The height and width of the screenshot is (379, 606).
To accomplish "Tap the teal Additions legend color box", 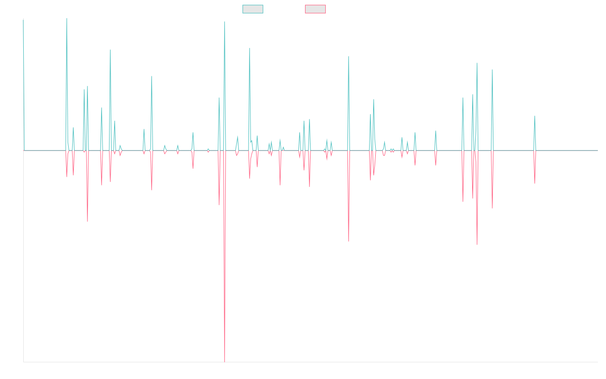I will pyautogui.click(x=253, y=9).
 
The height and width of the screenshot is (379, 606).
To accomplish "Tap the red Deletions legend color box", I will pyautogui.click(x=316, y=9).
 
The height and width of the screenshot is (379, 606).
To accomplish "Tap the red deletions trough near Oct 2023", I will pyautogui.click(x=477, y=245).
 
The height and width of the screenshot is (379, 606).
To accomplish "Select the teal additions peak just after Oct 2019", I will pyautogui.click(x=249, y=48).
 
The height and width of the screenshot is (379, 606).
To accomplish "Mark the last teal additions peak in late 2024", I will pyautogui.click(x=535, y=116).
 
